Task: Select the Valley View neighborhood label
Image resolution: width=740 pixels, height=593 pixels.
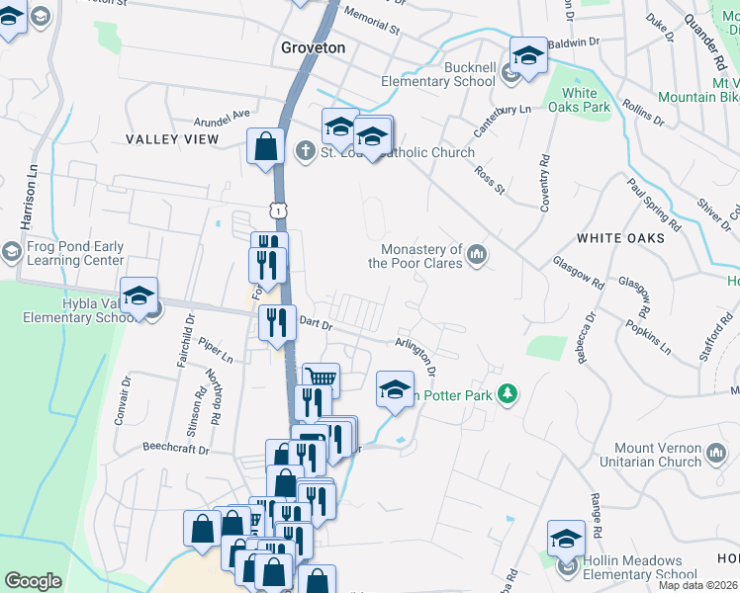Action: click(x=171, y=139)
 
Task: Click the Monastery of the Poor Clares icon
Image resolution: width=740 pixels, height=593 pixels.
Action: click(x=478, y=256)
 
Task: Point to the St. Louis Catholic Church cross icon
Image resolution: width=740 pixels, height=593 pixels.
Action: click(x=306, y=151)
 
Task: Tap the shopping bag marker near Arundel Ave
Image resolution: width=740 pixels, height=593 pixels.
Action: click(x=266, y=147)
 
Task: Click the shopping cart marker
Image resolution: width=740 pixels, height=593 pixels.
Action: click(x=321, y=379)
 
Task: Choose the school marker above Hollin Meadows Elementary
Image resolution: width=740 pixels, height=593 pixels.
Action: click(x=566, y=539)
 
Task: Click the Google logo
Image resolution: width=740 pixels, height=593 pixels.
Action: click(x=33, y=581)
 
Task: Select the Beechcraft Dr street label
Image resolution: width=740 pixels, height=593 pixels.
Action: click(x=177, y=449)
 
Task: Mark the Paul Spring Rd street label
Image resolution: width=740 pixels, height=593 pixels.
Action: click(x=656, y=205)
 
